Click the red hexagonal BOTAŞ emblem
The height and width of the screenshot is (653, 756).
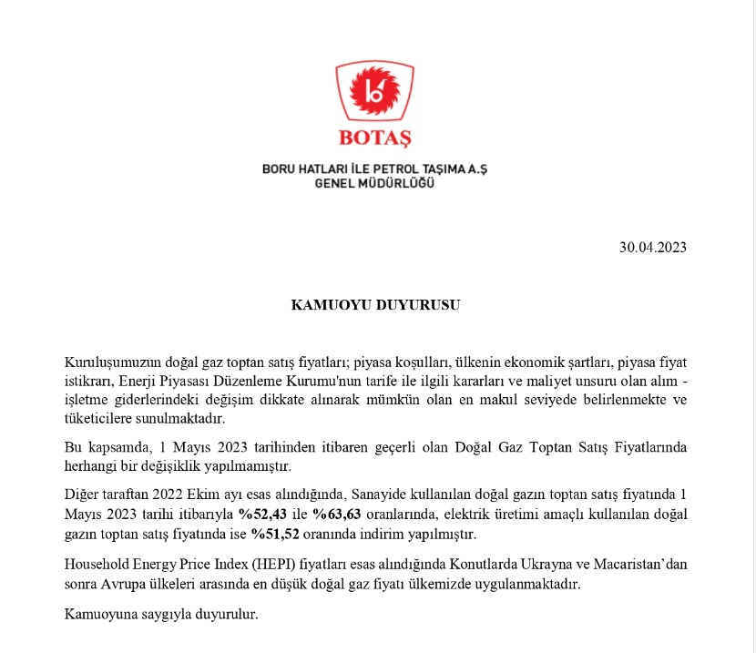[375, 95]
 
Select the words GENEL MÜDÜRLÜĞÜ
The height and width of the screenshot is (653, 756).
[374, 183]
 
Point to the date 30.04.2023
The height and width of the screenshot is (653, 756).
[652, 247]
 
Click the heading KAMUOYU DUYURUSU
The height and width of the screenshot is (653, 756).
[375, 305]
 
